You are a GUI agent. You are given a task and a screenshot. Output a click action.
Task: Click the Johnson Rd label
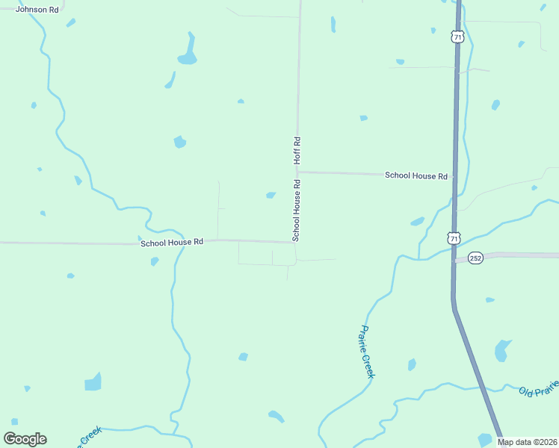pyautogui.click(x=37, y=10)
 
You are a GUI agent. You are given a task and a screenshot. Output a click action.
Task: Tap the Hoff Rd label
pyautogui.click(x=297, y=151)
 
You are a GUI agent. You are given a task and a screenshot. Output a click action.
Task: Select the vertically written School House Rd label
pyautogui.click(x=297, y=210)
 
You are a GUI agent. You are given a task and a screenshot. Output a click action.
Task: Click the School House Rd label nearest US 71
pyautogui.click(x=416, y=175)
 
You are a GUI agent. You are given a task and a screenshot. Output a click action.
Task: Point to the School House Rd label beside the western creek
pyautogui.click(x=172, y=242)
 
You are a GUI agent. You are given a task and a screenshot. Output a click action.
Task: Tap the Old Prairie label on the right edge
pyautogui.click(x=538, y=389)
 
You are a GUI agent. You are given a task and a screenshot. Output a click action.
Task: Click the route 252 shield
pyautogui.click(x=476, y=258)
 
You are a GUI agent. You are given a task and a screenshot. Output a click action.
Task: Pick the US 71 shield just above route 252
pyautogui.click(x=454, y=238)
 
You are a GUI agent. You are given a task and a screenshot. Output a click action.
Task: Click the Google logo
pyautogui.click(x=25, y=439)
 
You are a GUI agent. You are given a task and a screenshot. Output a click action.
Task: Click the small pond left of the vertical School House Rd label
pyautogui.click(x=271, y=196)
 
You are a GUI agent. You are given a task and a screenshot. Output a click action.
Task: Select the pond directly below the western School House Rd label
pyautogui.click(x=155, y=261)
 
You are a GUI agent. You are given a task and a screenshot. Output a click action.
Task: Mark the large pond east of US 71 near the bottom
pyautogui.click(x=502, y=350)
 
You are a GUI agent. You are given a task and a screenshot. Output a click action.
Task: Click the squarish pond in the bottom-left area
pyautogui.click(x=93, y=382)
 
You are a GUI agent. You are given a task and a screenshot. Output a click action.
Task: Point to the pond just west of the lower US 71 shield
pyautogui.click(x=417, y=222)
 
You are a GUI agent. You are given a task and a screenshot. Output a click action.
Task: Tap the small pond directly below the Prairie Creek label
pyautogui.click(x=412, y=364)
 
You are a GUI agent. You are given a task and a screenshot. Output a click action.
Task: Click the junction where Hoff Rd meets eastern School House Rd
pyautogui.click(x=297, y=172)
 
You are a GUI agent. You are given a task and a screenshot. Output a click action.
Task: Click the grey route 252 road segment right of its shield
pyautogui.click(x=523, y=255)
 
